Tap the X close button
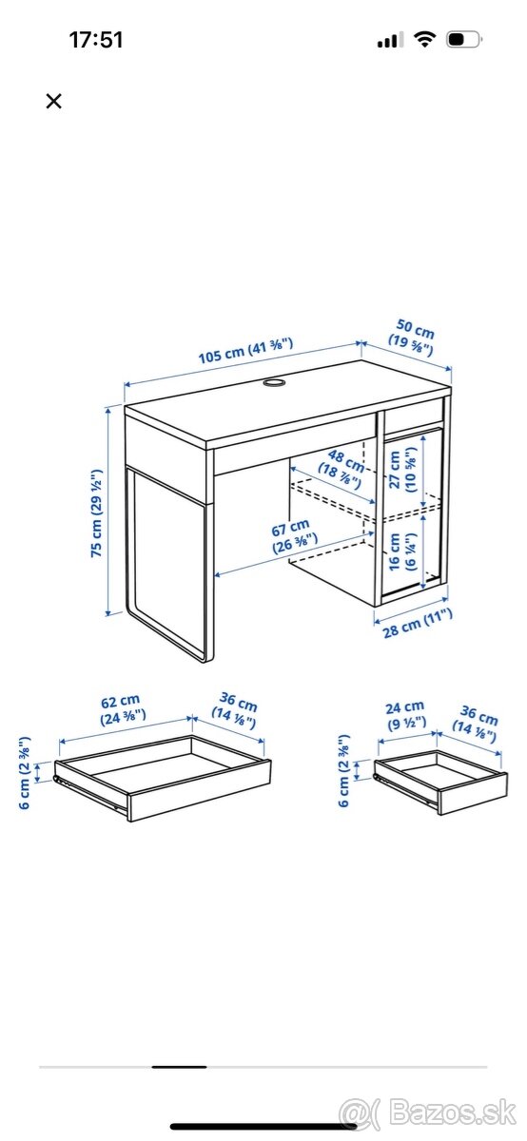(x=54, y=101)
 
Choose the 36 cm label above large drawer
(x=237, y=712)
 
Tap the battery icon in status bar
(x=464, y=40)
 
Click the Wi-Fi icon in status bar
(x=425, y=40)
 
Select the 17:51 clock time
(x=96, y=40)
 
